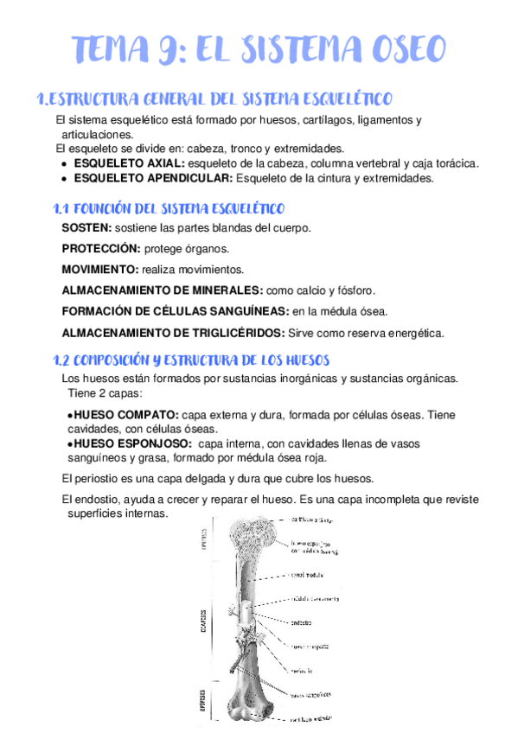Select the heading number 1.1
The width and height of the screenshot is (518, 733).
[x=60, y=209]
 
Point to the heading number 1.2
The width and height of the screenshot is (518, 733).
[x=61, y=360]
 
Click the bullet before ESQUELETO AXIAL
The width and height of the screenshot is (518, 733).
[x=64, y=163]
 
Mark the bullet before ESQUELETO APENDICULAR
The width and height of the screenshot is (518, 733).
[x=64, y=178]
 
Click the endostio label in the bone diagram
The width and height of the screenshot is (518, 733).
[x=303, y=621]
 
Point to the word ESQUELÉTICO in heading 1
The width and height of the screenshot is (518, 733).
[x=340, y=99]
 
